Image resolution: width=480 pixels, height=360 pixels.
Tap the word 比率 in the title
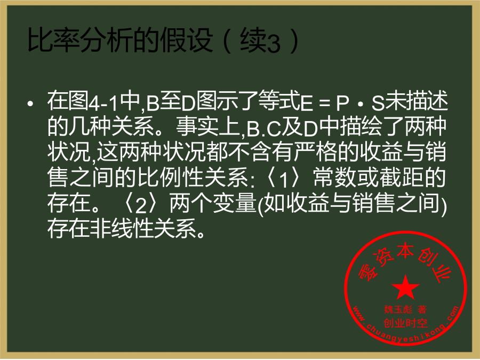click(53, 41)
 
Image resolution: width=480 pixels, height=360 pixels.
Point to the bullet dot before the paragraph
click(30, 104)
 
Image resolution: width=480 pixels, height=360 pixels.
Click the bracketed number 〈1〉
click(284, 178)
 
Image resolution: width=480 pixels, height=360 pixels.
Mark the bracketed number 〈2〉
click(141, 203)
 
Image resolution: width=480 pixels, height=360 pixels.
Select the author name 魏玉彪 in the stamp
click(398, 309)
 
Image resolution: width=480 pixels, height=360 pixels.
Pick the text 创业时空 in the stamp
click(405, 323)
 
